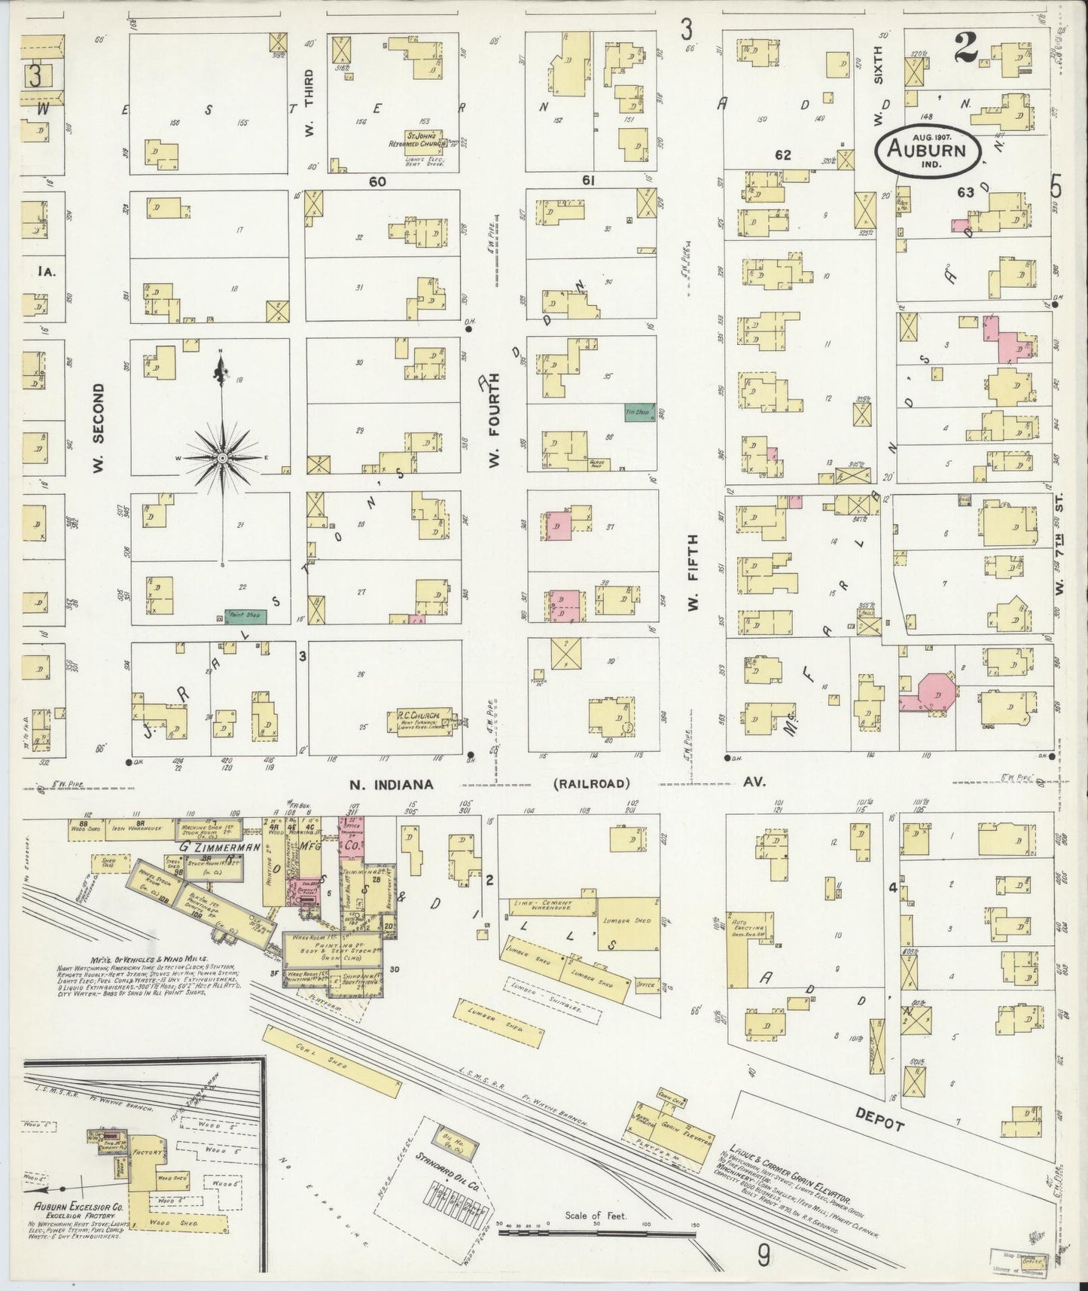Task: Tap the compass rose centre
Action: click(x=223, y=458)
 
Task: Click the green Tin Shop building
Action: click(x=638, y=412)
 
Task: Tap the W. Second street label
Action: click(x=99, y=429)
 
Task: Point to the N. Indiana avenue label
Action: click(x=391, y=783)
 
